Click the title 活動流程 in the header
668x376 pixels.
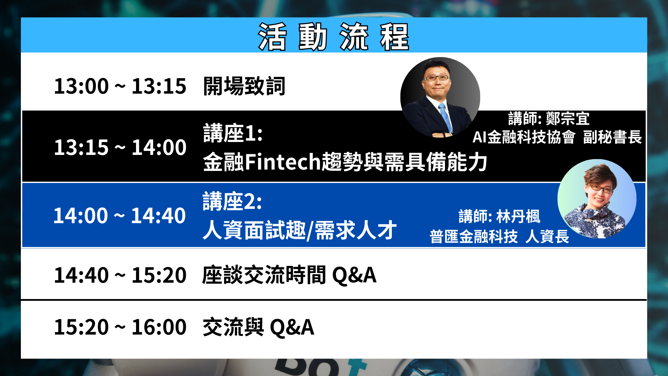(x=333, y=37)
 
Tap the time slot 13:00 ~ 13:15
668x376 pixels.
(x=120, y=86)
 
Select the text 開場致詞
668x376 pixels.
(x=244, y=86)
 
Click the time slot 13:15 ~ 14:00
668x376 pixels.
(x=120, y=147)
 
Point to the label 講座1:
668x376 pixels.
(x=233, y=133)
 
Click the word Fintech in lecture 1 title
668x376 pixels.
(x=283, y=162)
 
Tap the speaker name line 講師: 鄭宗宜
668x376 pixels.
(x=549, y=119)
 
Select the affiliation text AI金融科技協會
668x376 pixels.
(x=524, y=137)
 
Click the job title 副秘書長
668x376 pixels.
(x=612, y=137)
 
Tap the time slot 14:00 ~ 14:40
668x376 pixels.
(x=119, y=216)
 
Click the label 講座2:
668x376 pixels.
(x=232, y=202)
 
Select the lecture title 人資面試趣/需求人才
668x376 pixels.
(x=300, y=230)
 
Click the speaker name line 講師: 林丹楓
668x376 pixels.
(x=499, y=217)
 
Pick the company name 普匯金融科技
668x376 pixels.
(x=474, y=237)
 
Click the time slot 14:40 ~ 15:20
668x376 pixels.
(x=120, y=275)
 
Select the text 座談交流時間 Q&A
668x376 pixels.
(x=289, y=275)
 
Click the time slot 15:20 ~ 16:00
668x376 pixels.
(x=120, y=327)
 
